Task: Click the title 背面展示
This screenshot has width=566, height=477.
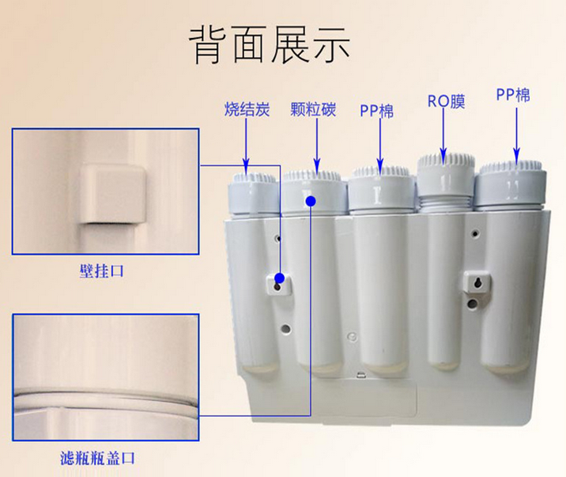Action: (x=270, y=45)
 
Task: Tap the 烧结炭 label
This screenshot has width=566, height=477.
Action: (x=247, y=109)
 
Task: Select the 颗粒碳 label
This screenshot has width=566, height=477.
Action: (x=313, y=109)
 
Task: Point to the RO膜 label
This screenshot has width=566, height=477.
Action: (x=446, y=101)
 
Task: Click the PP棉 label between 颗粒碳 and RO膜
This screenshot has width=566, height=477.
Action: (x=376, y=111)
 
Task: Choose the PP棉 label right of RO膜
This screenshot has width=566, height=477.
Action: (x=513, y=95)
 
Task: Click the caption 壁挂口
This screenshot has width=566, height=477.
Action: (x=101, y=271)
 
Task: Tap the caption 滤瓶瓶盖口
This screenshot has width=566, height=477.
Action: (x=97, y=459)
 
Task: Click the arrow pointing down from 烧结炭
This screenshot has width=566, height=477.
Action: (x=246, y=146)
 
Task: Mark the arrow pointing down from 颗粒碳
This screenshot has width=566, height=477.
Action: (x=317, y=146)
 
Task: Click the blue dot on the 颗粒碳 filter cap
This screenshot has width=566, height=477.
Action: (x=311, y=201)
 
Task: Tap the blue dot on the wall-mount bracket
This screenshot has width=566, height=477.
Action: (x=279, y=278)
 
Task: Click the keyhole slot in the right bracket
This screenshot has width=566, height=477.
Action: (x=477, y=282)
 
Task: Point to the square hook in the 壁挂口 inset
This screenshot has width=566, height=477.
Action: (x=112, y=194)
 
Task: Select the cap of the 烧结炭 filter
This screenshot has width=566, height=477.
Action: (x=252, y=193)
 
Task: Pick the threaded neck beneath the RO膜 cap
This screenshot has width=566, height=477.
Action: (x=446, y=203)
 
